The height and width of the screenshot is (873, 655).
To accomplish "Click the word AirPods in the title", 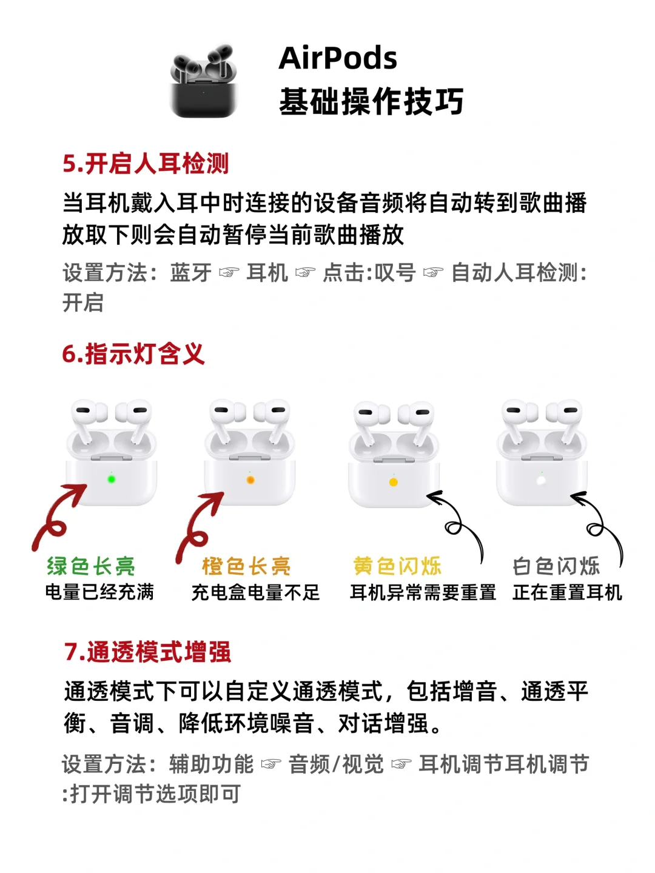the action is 338,58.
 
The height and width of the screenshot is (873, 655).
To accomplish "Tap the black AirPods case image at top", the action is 204,81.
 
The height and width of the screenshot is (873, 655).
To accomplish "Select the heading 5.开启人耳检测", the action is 146,164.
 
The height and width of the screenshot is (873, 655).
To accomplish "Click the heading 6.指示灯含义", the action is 133,353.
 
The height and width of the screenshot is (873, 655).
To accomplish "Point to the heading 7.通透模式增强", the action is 147,653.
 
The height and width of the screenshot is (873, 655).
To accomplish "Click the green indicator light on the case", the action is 112,480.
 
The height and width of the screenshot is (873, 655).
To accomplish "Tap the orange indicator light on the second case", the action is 250,480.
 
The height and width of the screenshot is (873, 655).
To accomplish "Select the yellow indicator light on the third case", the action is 393,483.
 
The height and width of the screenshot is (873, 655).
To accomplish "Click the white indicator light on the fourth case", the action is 541,480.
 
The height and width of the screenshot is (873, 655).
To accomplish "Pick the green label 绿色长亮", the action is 91,566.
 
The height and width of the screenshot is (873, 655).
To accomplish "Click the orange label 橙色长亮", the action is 246,566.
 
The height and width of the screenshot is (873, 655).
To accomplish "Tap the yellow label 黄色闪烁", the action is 397,566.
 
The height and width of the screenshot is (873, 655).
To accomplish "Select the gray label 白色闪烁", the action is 556,566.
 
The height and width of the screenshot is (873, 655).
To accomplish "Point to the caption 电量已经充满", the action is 99,592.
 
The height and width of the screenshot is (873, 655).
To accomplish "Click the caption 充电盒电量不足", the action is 255,592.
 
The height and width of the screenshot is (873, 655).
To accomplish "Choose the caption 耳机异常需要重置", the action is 423,592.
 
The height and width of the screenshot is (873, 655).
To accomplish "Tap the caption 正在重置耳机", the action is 567,592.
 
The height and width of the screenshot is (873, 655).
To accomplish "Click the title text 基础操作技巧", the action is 371,101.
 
